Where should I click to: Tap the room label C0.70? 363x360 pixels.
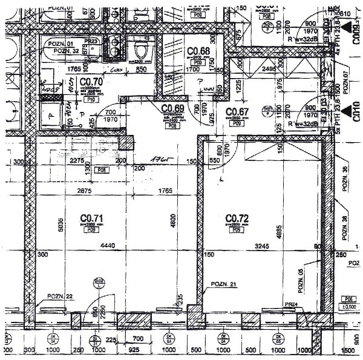(90, 81)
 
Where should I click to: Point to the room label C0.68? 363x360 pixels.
(198, 51)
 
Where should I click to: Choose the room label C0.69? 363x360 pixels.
(173, 108)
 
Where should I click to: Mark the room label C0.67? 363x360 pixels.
(237, 112)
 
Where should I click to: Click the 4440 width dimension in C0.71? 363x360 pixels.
(107, 246)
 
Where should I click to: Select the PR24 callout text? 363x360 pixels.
(291, 304)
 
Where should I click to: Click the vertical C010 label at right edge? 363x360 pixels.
(356, 113)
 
